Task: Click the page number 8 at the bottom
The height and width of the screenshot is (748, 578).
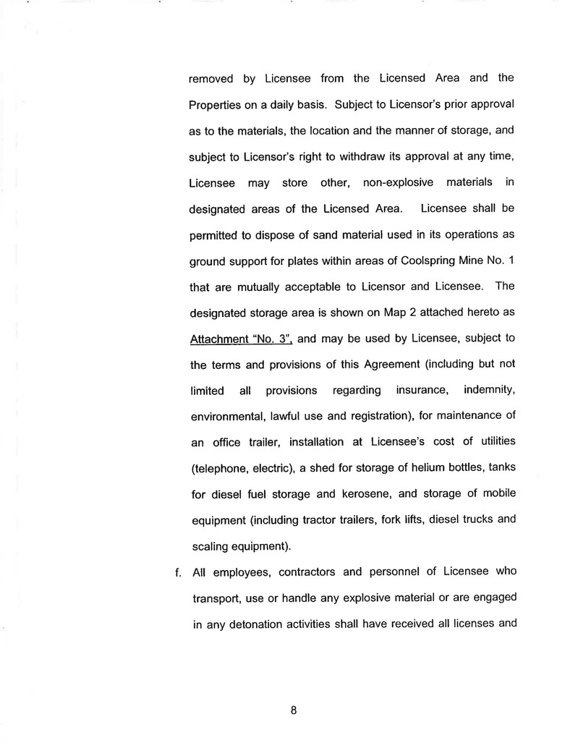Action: pyautogui.click(x=294, y=710)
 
